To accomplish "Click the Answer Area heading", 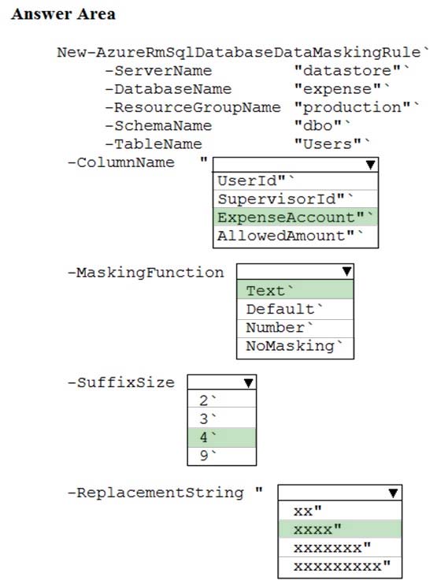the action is pyautogui.click(x=63, y=14).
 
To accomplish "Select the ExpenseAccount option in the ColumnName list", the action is pyautogui.click(x=295, y=217).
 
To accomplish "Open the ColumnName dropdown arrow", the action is pyautogui.click(x=370, y=165).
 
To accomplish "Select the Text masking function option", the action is pyautogui.click(x=295, y=290).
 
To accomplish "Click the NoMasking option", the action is pyautogui.click(x=294, y=346).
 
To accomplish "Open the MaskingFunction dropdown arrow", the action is pyautogui.click(x=346, y=271).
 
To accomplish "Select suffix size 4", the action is pyautogui.click(x=222, y=437).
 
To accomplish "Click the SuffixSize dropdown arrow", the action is pyautogui.click(x=248, y=382).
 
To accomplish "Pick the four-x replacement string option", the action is pyautogui.click(x=339, y=529).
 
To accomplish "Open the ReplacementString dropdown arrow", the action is pyautogui.click(x=393, y=493).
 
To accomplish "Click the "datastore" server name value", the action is pyautogui.click(x=347, y=70).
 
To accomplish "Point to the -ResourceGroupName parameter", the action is pyautogui.click(x=193, y=107).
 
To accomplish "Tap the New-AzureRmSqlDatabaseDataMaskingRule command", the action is pyautogui.click(x=239, y=52).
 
